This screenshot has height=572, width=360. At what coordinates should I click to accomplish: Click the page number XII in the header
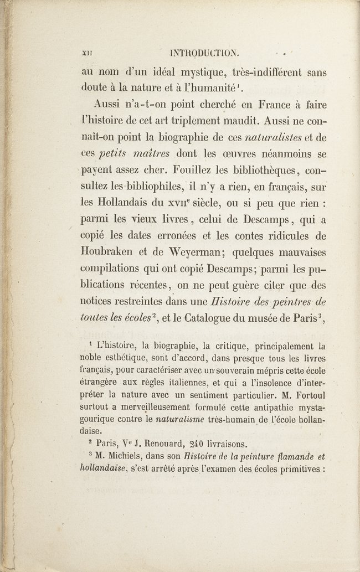click(x=85, y=54)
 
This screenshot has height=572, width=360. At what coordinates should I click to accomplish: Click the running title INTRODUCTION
click(x=204, y=54)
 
